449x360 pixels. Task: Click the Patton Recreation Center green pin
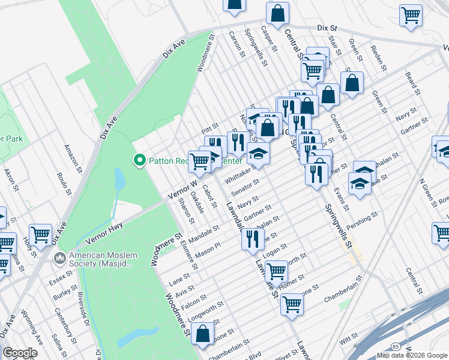[139, 160]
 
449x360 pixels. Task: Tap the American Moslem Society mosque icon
[59, 259]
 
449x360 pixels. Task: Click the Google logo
[20, 353]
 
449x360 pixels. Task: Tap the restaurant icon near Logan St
[252, 239]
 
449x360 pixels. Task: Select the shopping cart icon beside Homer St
[276, 271]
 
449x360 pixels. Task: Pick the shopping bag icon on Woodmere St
[203, 334]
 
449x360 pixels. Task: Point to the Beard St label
[412, 83]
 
